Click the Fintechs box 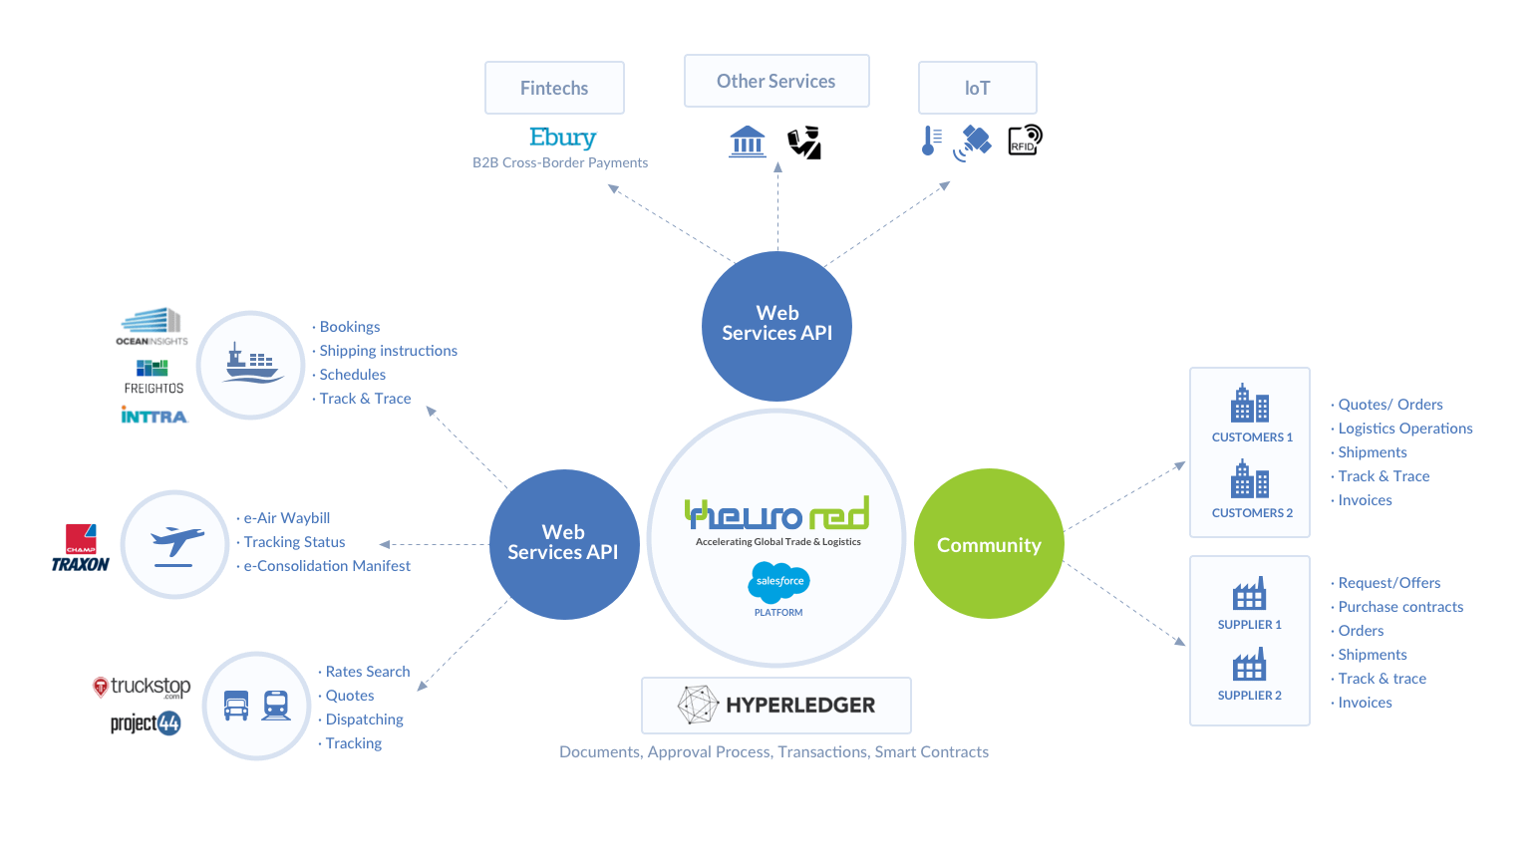tap(554, 88)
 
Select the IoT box tap(977, 88)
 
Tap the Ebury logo tap(562, 138)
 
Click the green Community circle tap(989, 544)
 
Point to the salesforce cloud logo tap(779, 581)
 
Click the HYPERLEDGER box tap(775, 706)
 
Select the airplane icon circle tap(175, 544)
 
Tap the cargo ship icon tap(250, 365)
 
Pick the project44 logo tap(146, 722)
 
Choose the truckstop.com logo tap(142, 687)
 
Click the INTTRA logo tap(154, 416)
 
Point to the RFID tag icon tap(1025, 141)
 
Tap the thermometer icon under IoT tap(930, 141)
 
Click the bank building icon tap(748, 142)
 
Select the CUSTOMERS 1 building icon tap(1250, 404)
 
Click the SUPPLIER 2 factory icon tap(1249, 665)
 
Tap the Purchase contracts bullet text tap(1400, 607)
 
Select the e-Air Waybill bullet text tap(287, 518)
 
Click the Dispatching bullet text tap(365, 720)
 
